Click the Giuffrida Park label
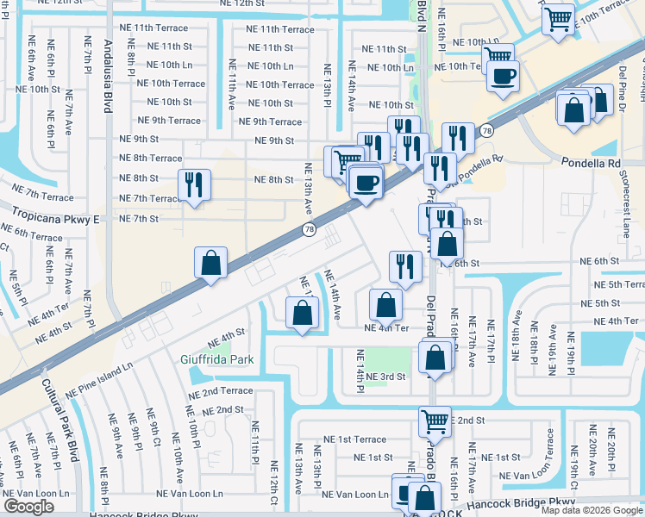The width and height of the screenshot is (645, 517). [x=216, y=358]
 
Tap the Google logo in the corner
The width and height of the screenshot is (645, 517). [x=28, y=507]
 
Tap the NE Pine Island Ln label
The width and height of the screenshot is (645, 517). [x=99, y=377]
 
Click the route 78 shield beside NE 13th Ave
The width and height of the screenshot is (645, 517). [x=309, y=229]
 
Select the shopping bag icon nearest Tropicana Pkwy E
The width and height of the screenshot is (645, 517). [x=211, y=262]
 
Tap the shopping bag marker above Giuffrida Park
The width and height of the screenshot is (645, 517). [x=301, y=312]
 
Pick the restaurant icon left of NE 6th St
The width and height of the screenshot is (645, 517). [x=404, y=266]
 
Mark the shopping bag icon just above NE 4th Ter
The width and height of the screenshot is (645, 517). [x=385, y=304]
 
